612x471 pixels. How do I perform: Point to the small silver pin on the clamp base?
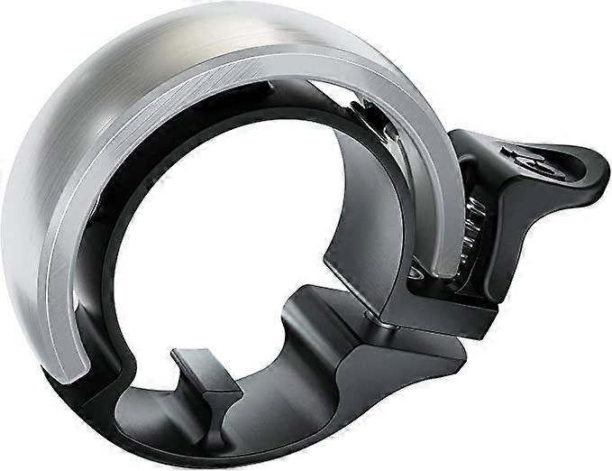[x=413, y=271]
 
